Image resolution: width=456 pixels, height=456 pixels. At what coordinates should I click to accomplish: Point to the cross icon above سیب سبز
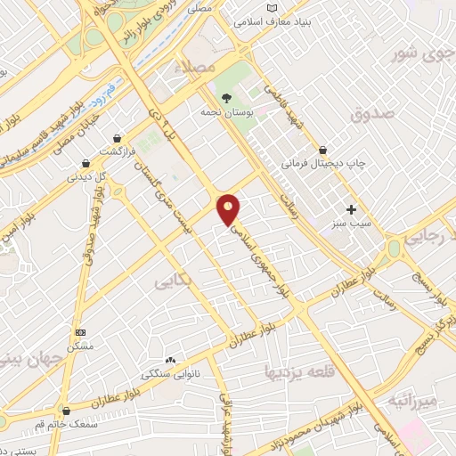tap(352, 211)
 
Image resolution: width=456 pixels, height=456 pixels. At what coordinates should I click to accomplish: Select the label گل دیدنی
tap(88, 176)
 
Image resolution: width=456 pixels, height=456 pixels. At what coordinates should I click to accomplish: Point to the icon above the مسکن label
tap(79, 332)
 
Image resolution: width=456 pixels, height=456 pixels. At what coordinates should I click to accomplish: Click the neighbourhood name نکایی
tap(173, 282)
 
